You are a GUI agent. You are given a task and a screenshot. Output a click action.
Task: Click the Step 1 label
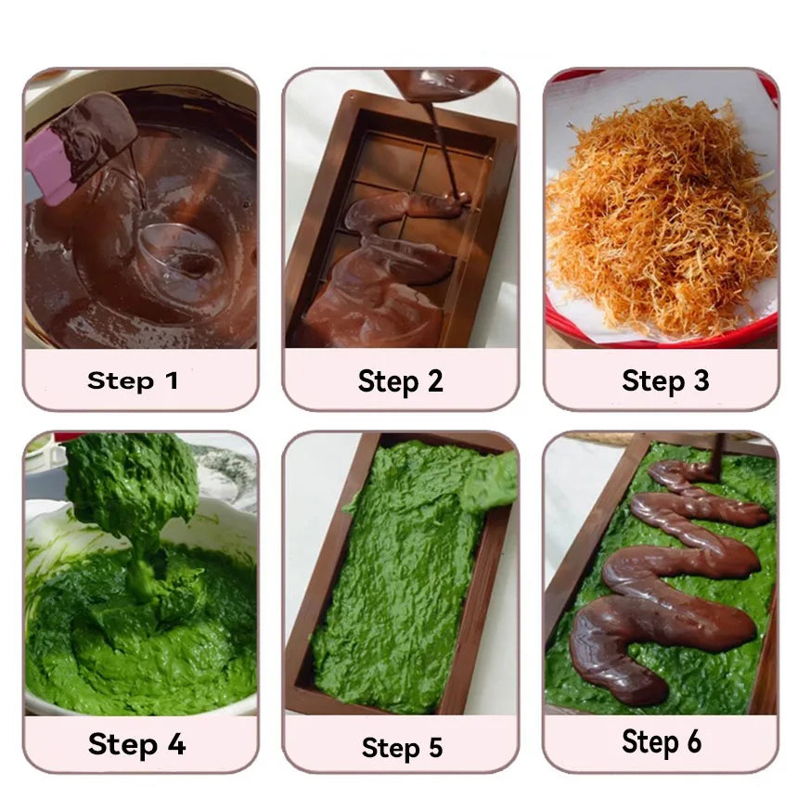pos(133,380)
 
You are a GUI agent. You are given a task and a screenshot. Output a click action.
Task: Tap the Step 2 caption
pos(400,380)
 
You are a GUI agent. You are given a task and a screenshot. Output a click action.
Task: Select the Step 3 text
pos(665,380)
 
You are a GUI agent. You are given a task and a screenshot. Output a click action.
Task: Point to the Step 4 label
pos(136,743)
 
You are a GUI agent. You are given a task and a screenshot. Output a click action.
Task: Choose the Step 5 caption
pos(402,747)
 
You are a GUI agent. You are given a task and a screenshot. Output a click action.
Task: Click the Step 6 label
pos(663,742)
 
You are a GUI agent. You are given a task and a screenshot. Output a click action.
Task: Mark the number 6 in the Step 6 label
pos(693,742)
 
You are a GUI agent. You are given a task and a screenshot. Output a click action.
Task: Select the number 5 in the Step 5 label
pos(433,747)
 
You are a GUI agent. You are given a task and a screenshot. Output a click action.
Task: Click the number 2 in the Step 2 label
pos(433,380)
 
